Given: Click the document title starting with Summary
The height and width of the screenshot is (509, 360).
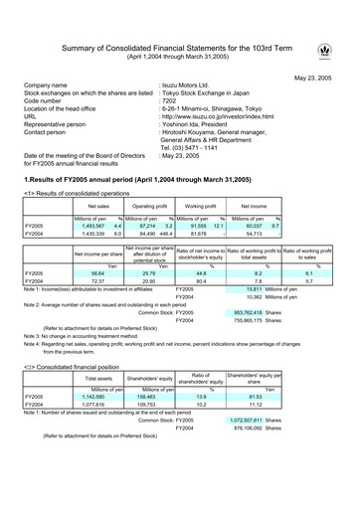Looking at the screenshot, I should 179,47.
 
